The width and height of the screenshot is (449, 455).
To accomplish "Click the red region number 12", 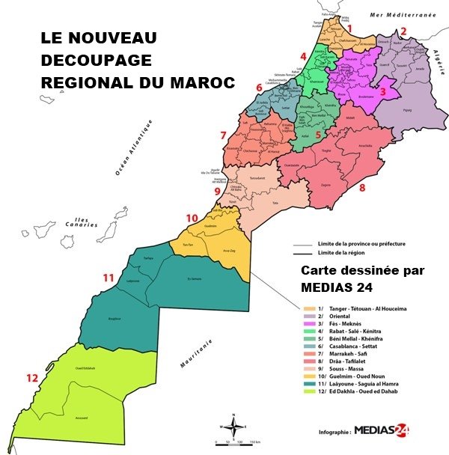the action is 31,379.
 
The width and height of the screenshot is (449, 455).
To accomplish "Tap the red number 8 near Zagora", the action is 362,188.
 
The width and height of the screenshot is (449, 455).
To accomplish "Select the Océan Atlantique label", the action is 133,147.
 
